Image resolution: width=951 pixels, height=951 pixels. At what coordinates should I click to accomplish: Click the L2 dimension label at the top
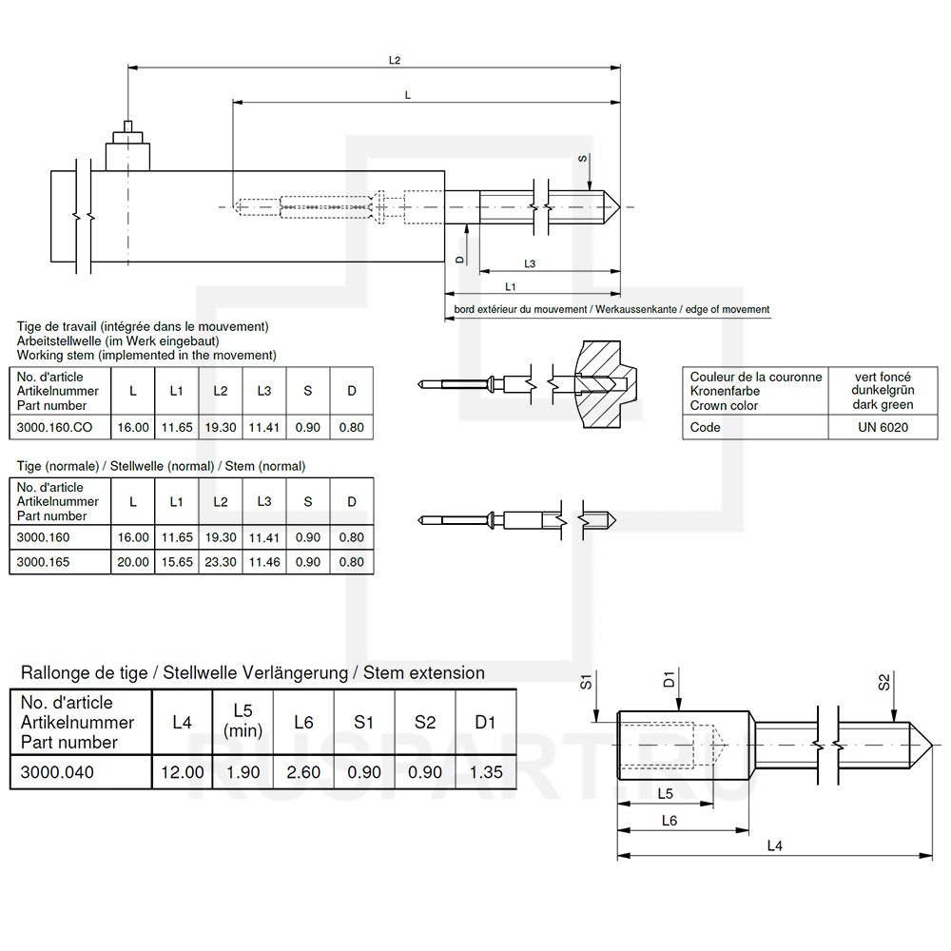[x=395, y=60]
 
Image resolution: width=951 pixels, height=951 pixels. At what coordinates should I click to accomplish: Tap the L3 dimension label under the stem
[x=530, y=263]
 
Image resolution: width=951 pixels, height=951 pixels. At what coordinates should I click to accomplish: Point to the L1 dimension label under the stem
[x=511, y=286]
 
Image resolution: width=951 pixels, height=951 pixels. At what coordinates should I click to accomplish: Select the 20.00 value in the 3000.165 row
[x=133, y=562]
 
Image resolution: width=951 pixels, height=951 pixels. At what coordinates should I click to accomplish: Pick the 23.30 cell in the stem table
[x=221, y=562]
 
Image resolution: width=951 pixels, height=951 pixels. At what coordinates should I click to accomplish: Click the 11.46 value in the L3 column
[x=264, y=562]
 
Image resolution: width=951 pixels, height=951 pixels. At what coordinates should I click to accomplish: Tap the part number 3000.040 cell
[x=58, y=772]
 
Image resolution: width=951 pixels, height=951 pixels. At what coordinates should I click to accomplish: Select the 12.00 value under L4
[x=182, y=772]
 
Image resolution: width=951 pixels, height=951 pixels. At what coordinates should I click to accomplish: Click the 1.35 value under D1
[x=485, y=772]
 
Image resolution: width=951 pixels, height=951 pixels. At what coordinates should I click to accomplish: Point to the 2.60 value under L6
[x=303, y=772]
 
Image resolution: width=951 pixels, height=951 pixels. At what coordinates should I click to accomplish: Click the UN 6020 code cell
[x=883, y=428]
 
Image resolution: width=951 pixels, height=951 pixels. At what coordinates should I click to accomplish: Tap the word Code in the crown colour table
[x=706, y=428]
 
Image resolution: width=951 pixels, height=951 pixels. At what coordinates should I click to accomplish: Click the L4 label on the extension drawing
[x=774, y=845]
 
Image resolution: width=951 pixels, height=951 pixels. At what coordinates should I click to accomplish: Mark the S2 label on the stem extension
[x=883, y=682]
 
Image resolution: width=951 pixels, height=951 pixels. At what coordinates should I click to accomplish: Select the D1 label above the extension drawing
[x=670, y=679]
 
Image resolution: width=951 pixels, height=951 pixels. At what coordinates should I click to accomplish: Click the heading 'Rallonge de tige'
[x=83, y=673]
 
